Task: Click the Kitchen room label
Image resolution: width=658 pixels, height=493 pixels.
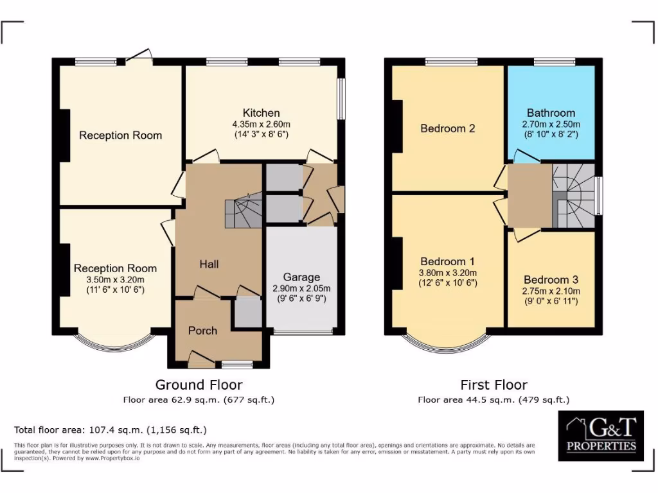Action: click(x=261, y=113)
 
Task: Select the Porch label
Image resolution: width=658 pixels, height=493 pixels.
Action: click(x=202, y=331)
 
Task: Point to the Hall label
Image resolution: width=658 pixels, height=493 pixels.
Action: click(x=209, y=264)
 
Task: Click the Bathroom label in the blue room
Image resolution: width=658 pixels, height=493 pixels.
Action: click(x=551, y=113)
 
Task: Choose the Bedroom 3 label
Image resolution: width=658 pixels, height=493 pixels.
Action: click(x=551, y=280)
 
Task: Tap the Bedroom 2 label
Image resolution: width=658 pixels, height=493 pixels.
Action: click(x=447, y=128)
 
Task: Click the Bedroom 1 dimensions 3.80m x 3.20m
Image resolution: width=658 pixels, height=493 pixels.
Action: click(x=447, y=272)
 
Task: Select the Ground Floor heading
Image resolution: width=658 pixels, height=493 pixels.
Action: click(x=199, y=385)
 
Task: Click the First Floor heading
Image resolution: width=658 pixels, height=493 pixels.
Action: click(x=493, y=385)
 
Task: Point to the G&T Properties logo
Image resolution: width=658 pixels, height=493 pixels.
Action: click(x=600, y=436)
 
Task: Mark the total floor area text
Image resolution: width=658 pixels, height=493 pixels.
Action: click(x=111, y=429)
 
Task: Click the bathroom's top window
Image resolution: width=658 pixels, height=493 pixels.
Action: click(x=553, y=62)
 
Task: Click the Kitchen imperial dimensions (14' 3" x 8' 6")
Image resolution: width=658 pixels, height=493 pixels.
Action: click(x=261, y=135)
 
